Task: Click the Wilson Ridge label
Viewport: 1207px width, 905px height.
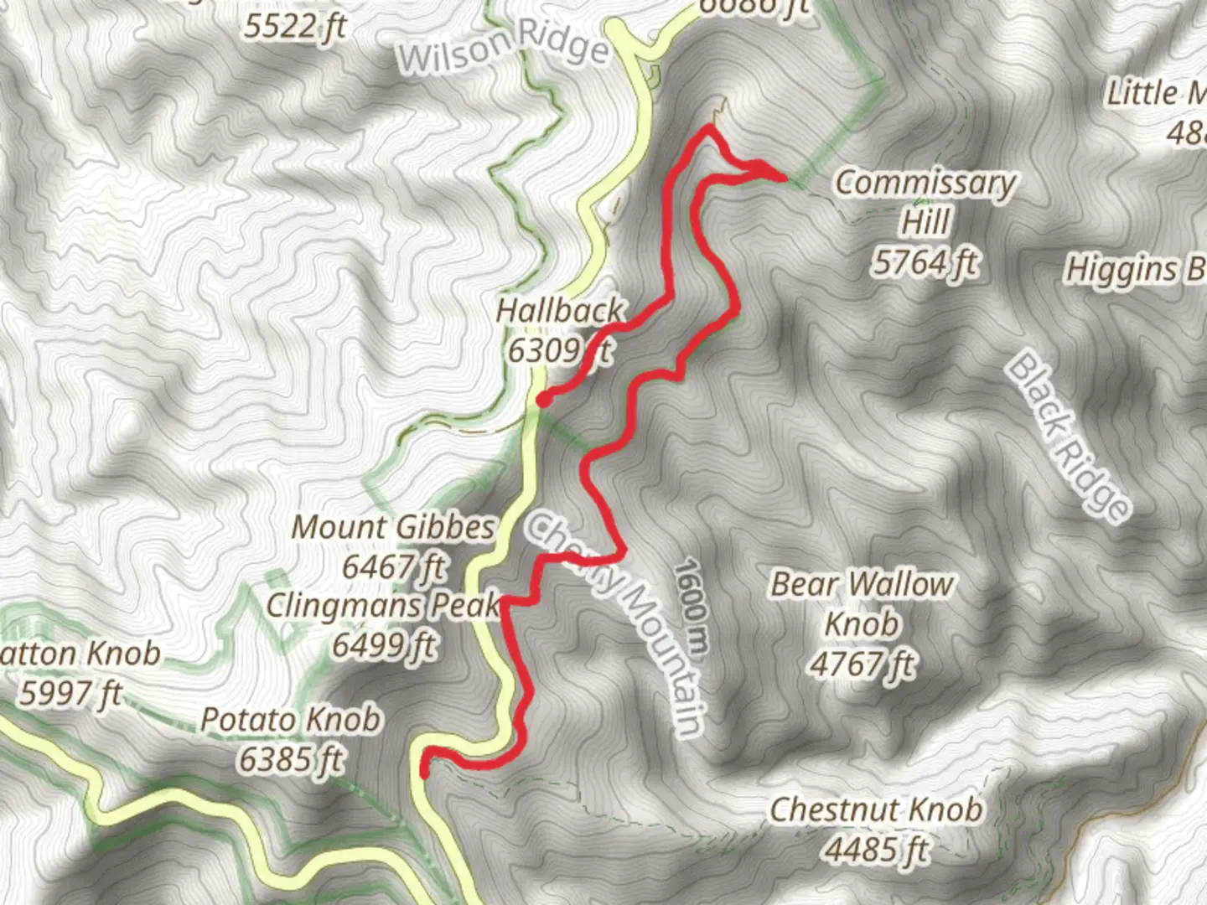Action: coord(504,49)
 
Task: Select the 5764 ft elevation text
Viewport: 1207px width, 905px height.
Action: coord(925,263)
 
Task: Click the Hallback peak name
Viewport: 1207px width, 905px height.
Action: coord(560,311)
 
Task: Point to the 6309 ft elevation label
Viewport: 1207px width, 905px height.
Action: coord(559,350)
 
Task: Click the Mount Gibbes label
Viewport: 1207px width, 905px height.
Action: coord(393,527)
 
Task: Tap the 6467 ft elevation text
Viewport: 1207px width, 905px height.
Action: coord(393,567)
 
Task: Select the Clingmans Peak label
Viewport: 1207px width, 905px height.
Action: coord(383,605)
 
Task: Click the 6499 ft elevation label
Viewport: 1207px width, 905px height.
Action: coord(384,645)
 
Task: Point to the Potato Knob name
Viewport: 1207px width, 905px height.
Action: coord(290,720)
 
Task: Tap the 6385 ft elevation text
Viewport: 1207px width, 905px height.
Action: coord(290,760)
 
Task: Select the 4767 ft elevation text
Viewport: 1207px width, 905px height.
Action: coord(862,665)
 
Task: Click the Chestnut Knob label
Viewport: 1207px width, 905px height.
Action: coord(876,809)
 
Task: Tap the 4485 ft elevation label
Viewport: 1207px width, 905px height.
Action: coord(876,850)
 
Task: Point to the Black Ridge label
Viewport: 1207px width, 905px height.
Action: coord(1068,437)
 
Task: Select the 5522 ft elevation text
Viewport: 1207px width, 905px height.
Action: coord(295,26)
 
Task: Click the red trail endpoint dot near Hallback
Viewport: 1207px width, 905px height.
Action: coord(544,400)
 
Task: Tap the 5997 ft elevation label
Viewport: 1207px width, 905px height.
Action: coord(70,693)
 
